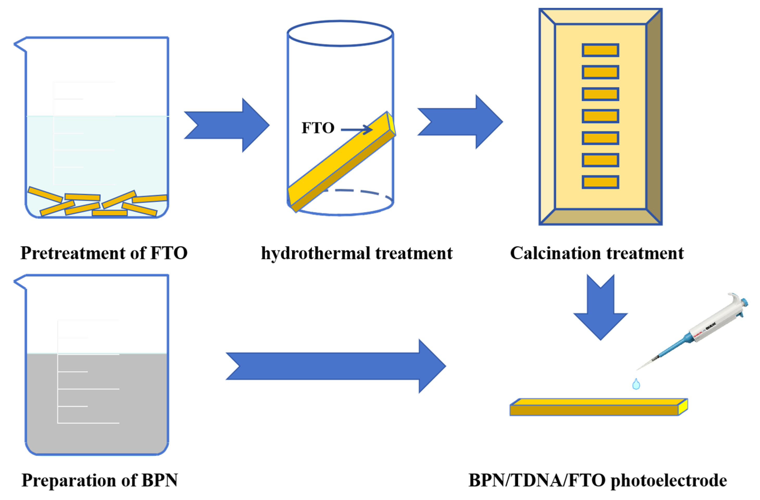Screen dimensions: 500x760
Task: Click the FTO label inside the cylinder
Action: (318, 128)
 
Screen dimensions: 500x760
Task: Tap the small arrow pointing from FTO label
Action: (356, 130)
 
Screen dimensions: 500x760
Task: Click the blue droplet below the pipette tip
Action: (636, 384)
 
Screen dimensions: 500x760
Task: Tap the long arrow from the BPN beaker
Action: (335, 366)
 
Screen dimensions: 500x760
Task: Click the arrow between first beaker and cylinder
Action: (227, 125)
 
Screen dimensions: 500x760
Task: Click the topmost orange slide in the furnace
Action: (600, 50)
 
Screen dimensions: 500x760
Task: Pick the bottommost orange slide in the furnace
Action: (600, 182)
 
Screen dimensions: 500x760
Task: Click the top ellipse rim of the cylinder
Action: (340, 22)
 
